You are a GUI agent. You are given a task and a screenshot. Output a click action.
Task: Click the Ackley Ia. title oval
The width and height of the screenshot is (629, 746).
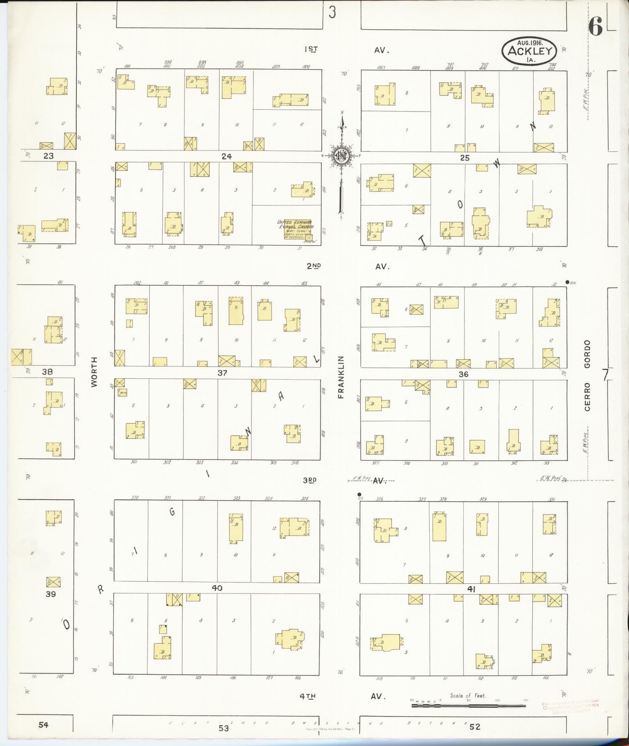pos(529,51)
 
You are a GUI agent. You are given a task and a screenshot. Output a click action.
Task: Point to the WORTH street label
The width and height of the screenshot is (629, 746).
pos(94,372)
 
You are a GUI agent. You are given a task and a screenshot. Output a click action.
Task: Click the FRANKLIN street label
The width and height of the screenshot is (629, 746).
pos(341,377)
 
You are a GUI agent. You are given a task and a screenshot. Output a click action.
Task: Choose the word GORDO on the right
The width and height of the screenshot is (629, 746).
pos(587,353)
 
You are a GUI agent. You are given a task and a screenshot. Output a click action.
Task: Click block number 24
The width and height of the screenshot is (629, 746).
pos(227,156)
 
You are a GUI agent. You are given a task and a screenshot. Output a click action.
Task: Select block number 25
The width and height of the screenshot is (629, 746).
pos(464,158)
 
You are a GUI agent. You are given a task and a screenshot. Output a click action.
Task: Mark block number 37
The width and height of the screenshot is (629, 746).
pos(222,373)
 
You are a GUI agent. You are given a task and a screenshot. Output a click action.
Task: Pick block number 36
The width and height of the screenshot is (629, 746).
pos(463,374)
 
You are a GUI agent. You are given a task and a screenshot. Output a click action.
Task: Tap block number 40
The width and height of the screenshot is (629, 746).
pos(217,588)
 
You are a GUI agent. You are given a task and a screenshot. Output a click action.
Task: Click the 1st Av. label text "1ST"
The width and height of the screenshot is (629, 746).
pos(311,50)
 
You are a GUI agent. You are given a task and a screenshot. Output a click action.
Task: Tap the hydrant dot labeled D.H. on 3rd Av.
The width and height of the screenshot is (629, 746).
pos(359,494)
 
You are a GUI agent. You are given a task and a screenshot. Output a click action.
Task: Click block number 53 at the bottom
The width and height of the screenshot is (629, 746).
pos(223,728)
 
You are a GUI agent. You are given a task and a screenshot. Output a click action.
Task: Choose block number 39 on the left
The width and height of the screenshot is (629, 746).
pos(51,594)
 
